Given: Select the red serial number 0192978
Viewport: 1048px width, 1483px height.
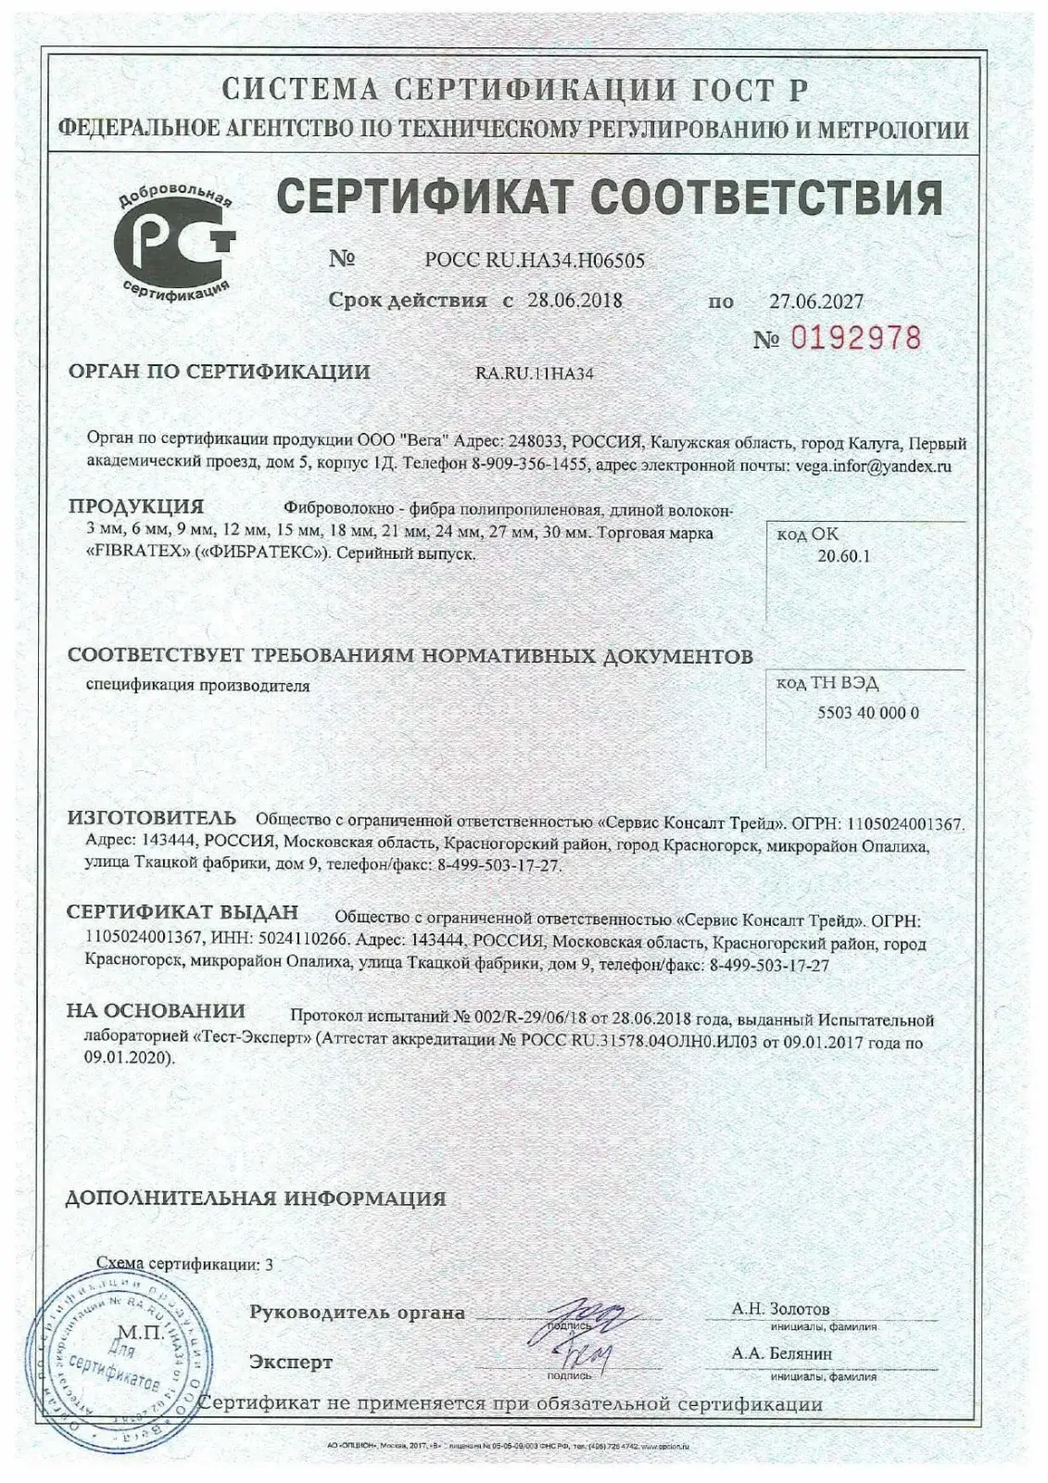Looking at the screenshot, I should (855, 338).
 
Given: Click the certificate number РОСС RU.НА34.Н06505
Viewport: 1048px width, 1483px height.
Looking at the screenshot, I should (534, 260).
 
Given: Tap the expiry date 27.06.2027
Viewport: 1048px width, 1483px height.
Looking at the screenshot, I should (816, 300).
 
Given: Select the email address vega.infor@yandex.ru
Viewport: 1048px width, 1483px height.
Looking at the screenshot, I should (873, 466).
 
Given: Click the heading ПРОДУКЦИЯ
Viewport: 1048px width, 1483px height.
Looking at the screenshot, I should (136, 507).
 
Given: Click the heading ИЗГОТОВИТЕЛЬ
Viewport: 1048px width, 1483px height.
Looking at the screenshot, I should (152, 818).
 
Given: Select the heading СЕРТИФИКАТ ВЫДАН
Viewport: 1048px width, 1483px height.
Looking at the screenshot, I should (183, 911).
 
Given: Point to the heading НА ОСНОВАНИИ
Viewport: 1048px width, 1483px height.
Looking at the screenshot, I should (156, 1011).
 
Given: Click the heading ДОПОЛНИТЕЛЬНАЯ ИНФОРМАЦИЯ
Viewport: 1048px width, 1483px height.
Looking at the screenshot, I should (256, 1198).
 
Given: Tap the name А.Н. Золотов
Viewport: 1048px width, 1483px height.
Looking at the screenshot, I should (780, 1309).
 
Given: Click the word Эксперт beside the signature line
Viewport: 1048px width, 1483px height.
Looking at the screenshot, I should (290, 1363).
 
